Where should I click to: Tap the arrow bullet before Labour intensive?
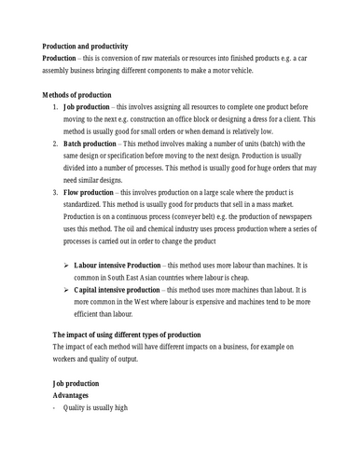pyautogui.click(x=65, y=266)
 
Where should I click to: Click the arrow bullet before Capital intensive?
pyautogui.click(x=65, y=290)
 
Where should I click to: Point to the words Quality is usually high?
pyautogui.click(x=94, y=407)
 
